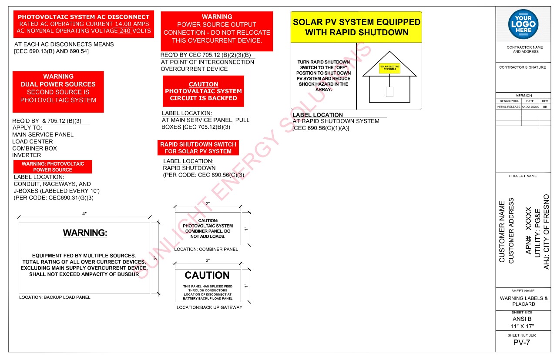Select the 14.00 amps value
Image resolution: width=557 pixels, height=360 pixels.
tap(125, 24)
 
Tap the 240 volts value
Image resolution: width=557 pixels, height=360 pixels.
tap(125, 31)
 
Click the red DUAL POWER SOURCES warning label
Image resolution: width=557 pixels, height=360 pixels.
tap(58, 92)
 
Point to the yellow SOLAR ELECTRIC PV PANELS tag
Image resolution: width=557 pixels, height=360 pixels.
tap(389, 68)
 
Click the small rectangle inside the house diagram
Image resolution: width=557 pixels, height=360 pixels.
tap(389, 92)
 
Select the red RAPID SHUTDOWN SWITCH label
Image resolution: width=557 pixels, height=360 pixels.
tap(198, 148)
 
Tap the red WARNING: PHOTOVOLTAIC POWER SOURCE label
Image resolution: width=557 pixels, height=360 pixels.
tap(53, 167)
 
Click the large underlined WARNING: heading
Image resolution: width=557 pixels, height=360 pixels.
tap(85, 233)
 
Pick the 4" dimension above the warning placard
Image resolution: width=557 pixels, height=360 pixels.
tap(84, 213)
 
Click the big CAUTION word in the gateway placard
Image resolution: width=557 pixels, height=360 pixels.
tap(207, 275)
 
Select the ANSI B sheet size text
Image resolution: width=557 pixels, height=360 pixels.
tap(522, 319)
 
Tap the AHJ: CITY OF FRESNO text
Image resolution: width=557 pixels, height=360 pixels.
tap(547, 231)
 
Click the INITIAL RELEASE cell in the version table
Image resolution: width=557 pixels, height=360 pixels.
tap(509, 107)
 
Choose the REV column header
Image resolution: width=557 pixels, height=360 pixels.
tap(545, 101)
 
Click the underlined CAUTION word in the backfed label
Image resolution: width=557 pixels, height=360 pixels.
tap(204, 84)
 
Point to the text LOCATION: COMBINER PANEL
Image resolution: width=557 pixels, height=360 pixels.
tap(206, 250)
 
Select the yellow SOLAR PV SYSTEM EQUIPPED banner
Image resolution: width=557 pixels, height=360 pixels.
tap(356, 27)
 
